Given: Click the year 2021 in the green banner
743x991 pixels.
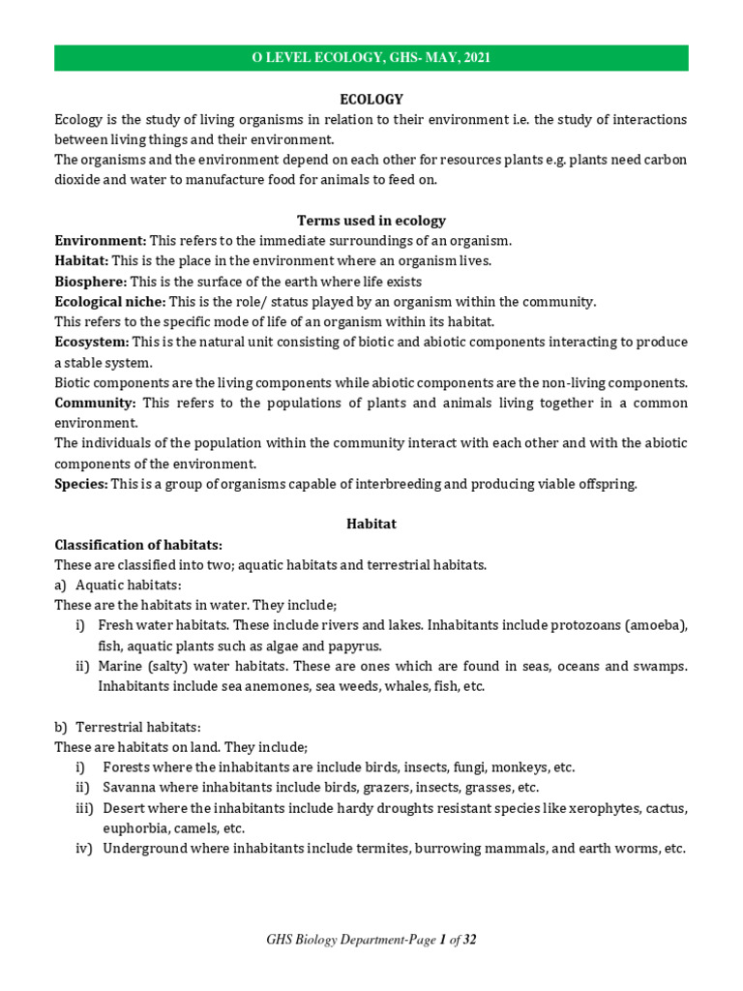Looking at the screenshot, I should click(x=476, y=58).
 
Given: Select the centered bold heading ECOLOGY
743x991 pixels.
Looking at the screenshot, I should click(x=371, y=100).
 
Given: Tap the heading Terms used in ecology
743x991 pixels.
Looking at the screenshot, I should click(x=371, y=221).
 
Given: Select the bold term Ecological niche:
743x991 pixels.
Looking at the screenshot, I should click(x=110, y=302).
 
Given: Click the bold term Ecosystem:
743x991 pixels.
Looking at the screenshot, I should click(x=92, y=343).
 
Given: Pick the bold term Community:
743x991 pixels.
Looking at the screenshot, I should click(x=94, y=403).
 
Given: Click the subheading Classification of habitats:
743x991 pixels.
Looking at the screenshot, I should click(x=138, y=545).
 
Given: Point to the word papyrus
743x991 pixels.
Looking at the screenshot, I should click(x=358, y=646).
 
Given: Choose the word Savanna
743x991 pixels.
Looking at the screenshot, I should click(x=128, y=788).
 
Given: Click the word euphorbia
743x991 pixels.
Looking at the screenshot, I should click(x=134, y=828).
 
